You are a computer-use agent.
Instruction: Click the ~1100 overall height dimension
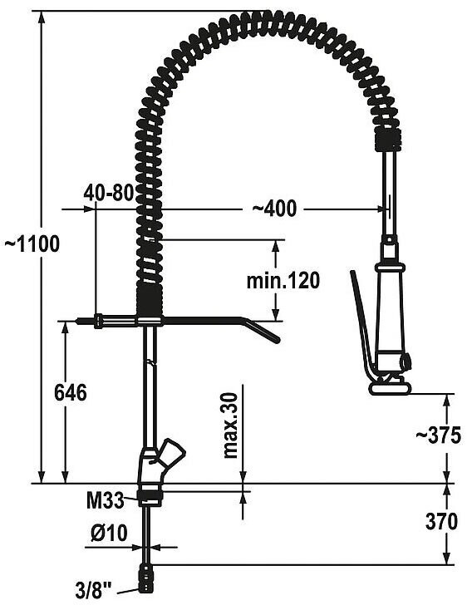(32, 243)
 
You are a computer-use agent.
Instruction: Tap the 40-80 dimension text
(109, 193)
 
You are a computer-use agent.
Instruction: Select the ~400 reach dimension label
(275, 209)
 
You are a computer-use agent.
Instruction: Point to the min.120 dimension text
(283, 280)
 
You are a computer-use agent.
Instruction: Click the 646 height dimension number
(71, 393)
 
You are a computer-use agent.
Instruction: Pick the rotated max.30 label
(231, 425)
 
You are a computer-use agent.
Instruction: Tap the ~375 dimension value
(438, 435)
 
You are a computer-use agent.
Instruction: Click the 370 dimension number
(441, 522)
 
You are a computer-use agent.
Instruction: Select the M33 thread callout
(105, 501)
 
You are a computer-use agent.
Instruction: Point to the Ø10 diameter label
(109, 533)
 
